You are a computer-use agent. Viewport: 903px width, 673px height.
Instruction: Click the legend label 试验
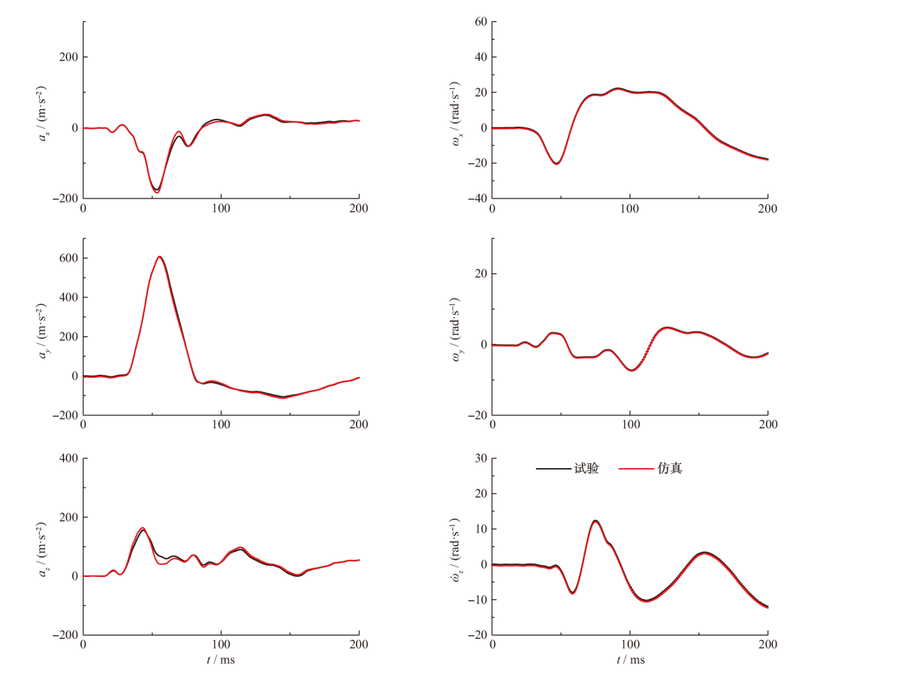click(x=586, y=469)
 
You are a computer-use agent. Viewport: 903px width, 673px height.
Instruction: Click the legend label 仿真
click(x=670, y=469)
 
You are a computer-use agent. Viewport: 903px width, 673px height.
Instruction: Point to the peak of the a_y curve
click(x=160, y=257)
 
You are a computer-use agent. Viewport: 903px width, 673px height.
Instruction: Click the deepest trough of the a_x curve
click(x=157, y=191)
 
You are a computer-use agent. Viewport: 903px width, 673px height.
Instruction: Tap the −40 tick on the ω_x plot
click(x=475, y=198)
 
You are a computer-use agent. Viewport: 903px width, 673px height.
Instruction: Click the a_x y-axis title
click(x=45, y=110)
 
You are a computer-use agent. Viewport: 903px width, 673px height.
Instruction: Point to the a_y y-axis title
click(x=45, y=327)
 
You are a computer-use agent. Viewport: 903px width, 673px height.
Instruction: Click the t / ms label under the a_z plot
click(x=221, y=659)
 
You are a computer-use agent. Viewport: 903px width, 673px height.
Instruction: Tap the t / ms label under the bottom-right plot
click(x=630, y=659)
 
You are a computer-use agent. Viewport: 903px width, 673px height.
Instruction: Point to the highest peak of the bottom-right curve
click(x=595, y=521)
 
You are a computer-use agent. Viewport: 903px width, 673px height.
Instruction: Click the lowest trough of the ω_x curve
click(x=556, y=164)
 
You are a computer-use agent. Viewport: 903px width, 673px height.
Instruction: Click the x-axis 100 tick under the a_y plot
click(x=221, y=425)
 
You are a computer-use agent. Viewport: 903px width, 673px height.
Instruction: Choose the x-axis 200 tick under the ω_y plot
click(x=768, y=425)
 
